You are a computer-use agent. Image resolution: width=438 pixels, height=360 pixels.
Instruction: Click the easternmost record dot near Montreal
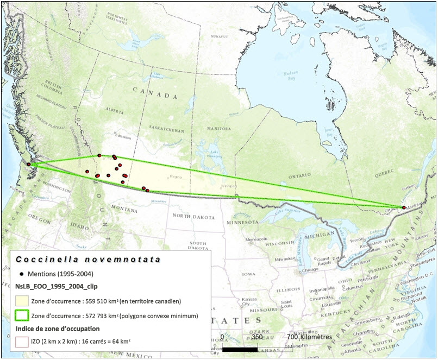[x=403, y=207]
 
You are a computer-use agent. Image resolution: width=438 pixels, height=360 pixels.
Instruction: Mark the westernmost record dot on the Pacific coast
[x=29, y=165]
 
